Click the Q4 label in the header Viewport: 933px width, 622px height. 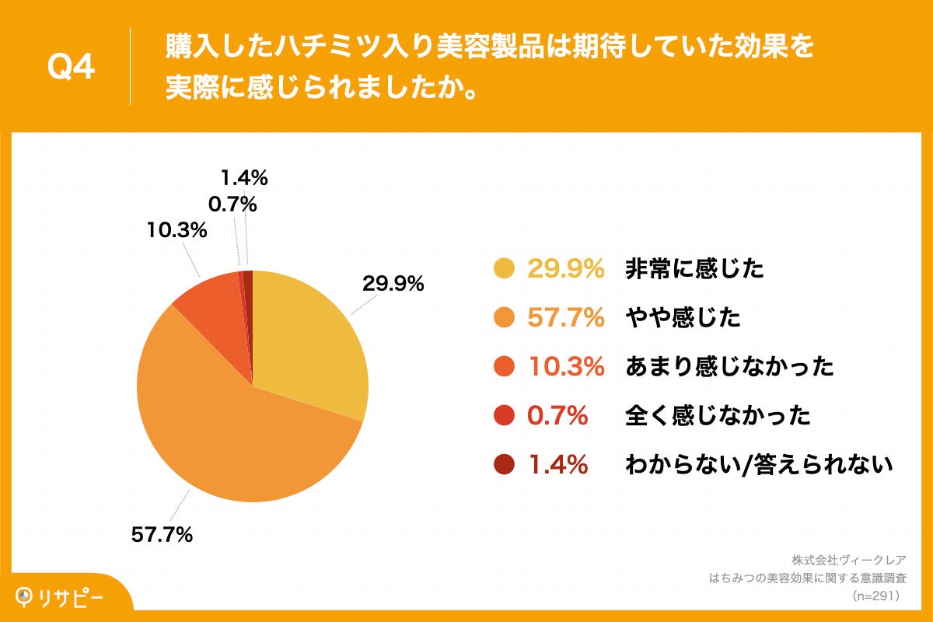click(71, 67)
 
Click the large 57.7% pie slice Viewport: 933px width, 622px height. click(233, 435)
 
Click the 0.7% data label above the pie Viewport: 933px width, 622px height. click(232, 204)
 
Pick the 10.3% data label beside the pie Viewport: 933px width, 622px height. click(176, 230)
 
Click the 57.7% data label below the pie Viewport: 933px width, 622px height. click(160, 535)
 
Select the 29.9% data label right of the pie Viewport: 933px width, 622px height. click(393, 284)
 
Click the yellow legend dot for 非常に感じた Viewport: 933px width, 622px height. click(505, 269)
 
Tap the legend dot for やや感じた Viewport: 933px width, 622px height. click(505, 318)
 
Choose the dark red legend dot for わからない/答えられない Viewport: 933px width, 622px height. click(505, 465)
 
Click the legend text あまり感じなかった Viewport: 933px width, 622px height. click(729, 367)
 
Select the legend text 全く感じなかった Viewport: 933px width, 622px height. click(718, 416)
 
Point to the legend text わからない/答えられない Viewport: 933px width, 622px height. click(758, 465)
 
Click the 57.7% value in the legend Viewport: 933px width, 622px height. click(566, 318)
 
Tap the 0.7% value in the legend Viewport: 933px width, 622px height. click(557, 416)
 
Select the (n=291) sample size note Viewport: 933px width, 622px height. click(875, 596)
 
